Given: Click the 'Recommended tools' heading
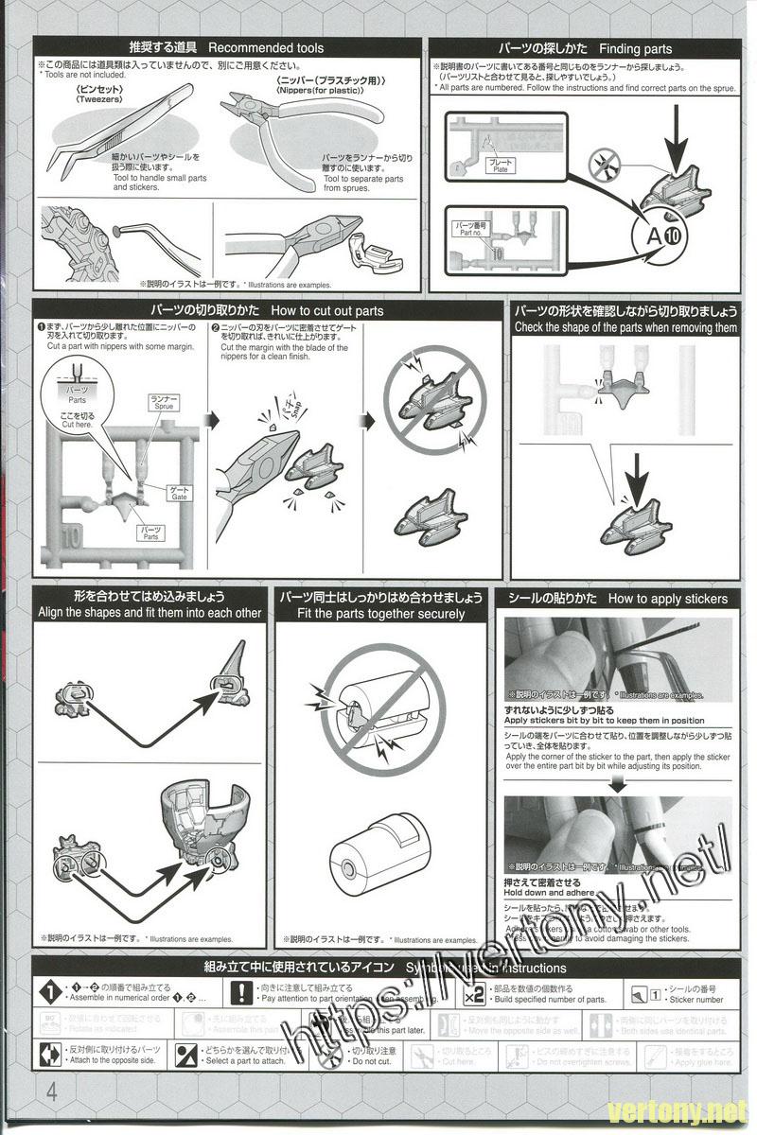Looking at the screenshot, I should coord(265,48).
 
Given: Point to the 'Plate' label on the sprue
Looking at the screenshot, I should coord(500,169).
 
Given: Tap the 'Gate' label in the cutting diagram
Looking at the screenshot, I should coord(179,496).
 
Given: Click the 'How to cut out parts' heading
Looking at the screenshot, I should coord(326,310).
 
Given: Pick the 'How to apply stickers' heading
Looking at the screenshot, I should coord(668,599).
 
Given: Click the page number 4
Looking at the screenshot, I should coord(50,1090).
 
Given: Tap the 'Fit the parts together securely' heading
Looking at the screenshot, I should coord(380,614).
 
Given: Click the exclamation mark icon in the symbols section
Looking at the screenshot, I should coord(243,992).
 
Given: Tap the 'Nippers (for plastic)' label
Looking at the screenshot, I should coord(321,93).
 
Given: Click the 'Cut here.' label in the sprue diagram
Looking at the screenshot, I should coord(78,426).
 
